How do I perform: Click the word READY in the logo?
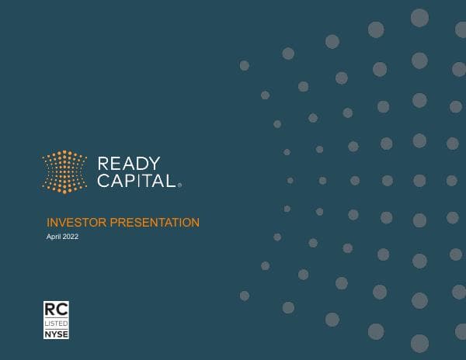coord(129,164)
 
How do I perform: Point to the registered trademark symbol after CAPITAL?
coord(180,186)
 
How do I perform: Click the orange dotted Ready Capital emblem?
coord(64,171)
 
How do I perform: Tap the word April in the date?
coord(54,237)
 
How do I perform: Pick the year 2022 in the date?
coord(71,237)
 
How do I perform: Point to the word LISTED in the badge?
coord(54,323)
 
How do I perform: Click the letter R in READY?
coord(103,164)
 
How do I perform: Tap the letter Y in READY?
coord(155,164)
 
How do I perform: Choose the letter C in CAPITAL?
coord(103,181)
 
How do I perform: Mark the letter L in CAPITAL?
coord(172,181)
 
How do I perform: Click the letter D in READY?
coord(142,164)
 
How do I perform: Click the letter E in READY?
coord(116,164)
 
